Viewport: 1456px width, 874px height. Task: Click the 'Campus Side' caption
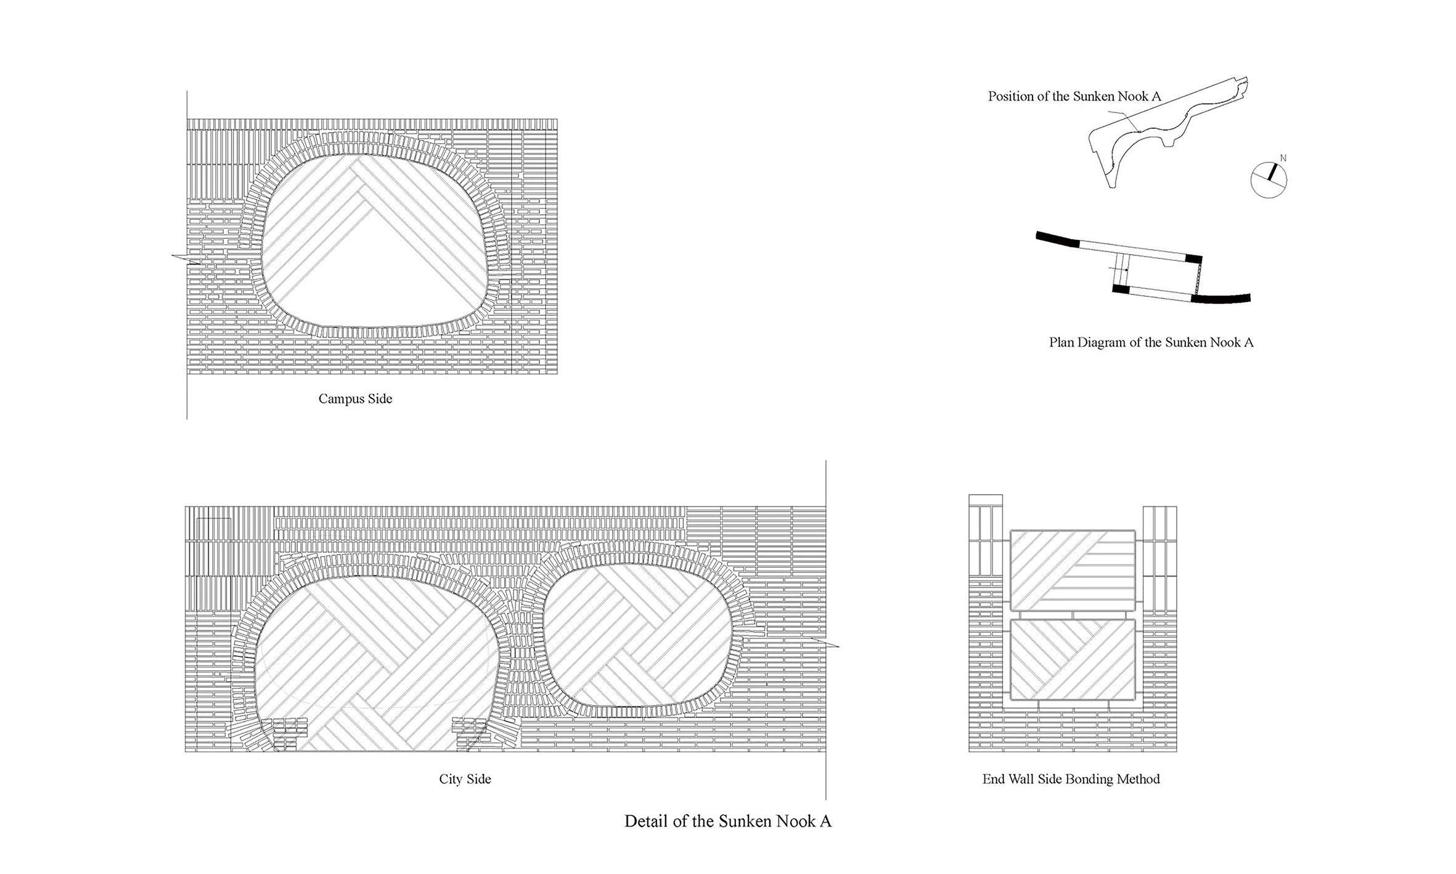coord(355,399)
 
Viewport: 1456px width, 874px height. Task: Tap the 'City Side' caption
coord(465,779)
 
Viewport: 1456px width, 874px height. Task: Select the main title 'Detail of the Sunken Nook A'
coord(727,822)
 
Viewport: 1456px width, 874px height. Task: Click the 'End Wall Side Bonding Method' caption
coord(1071,779)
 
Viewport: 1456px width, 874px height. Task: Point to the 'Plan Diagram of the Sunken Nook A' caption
coord(1151,342)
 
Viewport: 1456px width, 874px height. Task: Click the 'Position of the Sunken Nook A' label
coord(1074,96)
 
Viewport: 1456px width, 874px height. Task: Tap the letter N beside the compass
coord(1283,159)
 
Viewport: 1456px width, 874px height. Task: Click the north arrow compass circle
coord(1269,180)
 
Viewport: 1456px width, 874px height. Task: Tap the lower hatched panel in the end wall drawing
coord(1073,660)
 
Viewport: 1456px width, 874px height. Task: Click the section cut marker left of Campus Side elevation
coord(186,259)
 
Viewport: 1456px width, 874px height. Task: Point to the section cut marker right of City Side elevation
coord(825,642)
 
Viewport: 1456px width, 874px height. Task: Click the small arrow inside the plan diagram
coord(1119,270)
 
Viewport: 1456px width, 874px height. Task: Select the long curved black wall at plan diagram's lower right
coord(1221,299)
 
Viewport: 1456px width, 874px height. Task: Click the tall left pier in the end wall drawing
coord(986,623)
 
